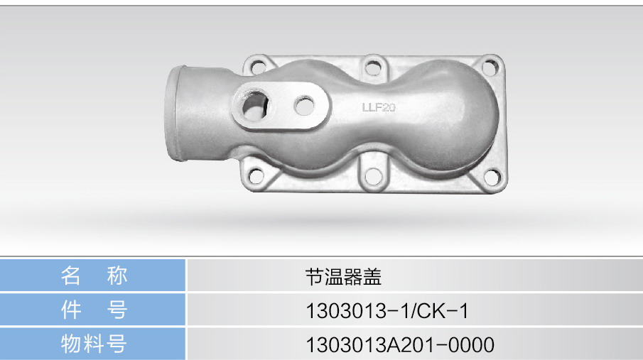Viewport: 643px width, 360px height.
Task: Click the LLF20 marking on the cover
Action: pos(379,107)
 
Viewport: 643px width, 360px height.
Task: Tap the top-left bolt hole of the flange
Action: pos(259,66)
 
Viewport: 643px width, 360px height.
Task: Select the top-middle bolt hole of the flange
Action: pos(373,67)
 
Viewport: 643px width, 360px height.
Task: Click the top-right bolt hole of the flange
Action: pos(490,67)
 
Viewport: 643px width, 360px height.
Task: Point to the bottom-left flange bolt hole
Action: pos(256,176)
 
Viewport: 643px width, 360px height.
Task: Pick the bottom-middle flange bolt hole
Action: pos(373,176)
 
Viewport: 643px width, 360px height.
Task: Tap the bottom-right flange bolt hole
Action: pos(492,177)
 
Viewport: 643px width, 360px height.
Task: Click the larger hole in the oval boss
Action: pos(254,106)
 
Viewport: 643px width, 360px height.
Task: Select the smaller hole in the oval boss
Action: pos(304,105)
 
